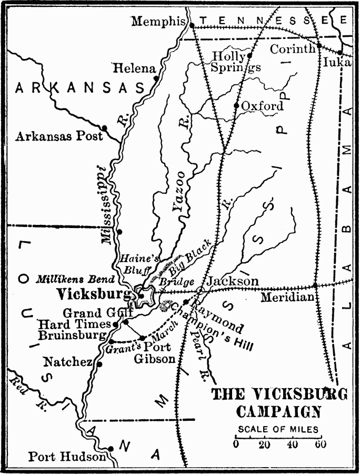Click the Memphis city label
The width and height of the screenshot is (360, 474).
(158, 22)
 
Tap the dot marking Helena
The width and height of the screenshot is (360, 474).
(156, 78)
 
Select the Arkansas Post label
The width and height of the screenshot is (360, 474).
(59, 136)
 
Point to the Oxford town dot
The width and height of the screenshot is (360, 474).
(237, 105)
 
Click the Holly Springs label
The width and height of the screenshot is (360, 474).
(235, 62)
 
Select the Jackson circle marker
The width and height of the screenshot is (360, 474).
(200, 290)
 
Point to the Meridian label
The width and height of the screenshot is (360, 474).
(288, 298)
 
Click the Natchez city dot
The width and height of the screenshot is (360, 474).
(99, 363)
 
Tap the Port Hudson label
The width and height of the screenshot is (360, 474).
(67, 457)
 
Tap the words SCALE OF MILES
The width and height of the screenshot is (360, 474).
(278, 429)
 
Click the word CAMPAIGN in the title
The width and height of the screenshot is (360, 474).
(277, 411)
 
